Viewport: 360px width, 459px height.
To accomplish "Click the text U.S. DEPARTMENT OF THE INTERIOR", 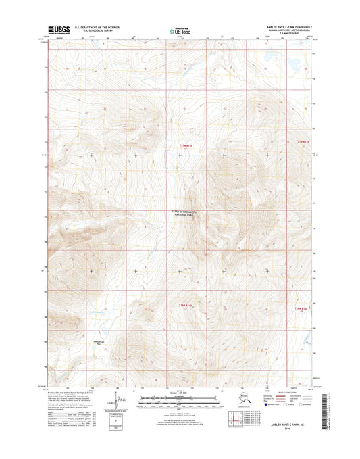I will (97, 27).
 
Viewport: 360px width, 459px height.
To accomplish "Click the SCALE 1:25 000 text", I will (179, 392).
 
